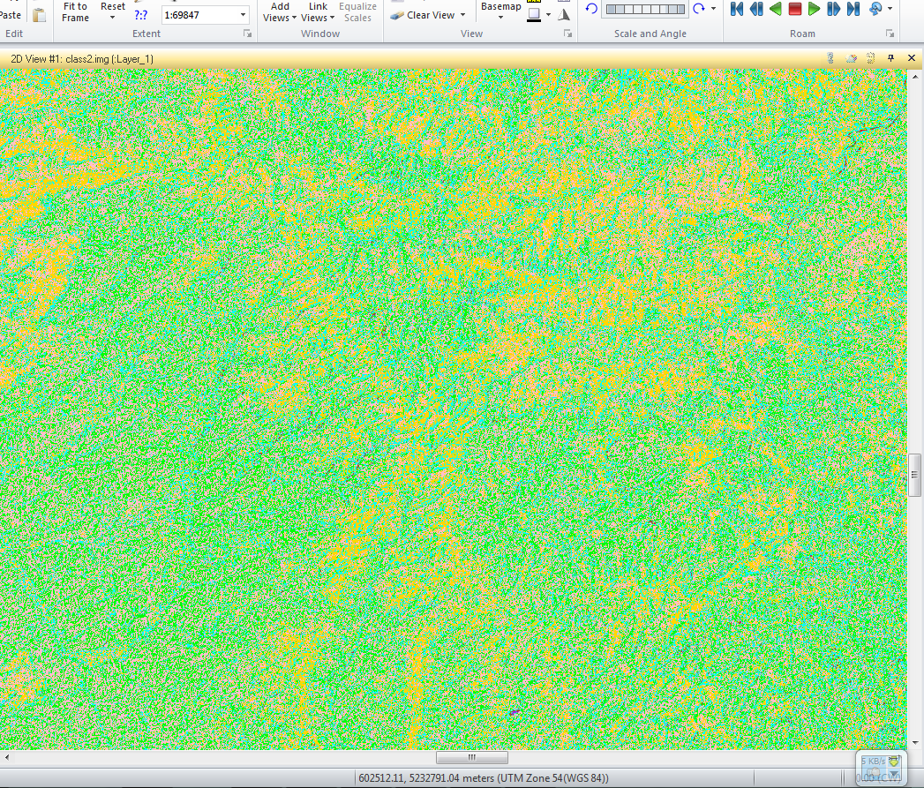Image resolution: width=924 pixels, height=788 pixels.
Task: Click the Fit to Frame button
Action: [75, 11]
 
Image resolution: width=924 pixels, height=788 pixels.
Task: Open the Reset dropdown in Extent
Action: [113, 11]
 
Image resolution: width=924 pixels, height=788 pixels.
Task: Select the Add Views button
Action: [279, 11]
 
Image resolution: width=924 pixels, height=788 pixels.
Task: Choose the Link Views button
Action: [317, 11]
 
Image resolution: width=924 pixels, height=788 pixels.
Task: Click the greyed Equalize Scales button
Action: [357, 11]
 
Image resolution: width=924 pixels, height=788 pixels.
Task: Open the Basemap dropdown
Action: [500, 11]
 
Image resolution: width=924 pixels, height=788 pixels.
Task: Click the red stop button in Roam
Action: [794, 9]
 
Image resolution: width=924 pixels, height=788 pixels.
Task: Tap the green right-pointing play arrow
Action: [814, 9]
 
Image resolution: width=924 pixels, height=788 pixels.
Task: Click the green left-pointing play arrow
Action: [775, 9]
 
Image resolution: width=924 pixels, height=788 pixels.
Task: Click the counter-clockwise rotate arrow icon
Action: [591, 9]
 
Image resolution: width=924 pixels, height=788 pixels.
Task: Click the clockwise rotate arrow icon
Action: [699, 9]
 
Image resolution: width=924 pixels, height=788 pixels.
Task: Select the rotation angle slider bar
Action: [644, 9]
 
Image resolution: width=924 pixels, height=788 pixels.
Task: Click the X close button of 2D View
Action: [912, 58]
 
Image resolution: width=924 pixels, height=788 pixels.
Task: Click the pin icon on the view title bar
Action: [890, 58]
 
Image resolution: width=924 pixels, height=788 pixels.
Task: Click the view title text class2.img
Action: [81, 58]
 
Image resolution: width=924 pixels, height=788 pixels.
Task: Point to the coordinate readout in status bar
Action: [483, 778]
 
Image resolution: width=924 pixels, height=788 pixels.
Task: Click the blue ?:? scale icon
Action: [141, 15]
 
